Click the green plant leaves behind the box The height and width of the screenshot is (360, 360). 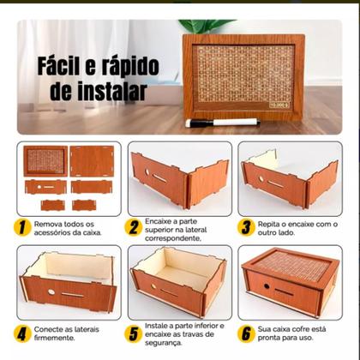coord(207,27)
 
